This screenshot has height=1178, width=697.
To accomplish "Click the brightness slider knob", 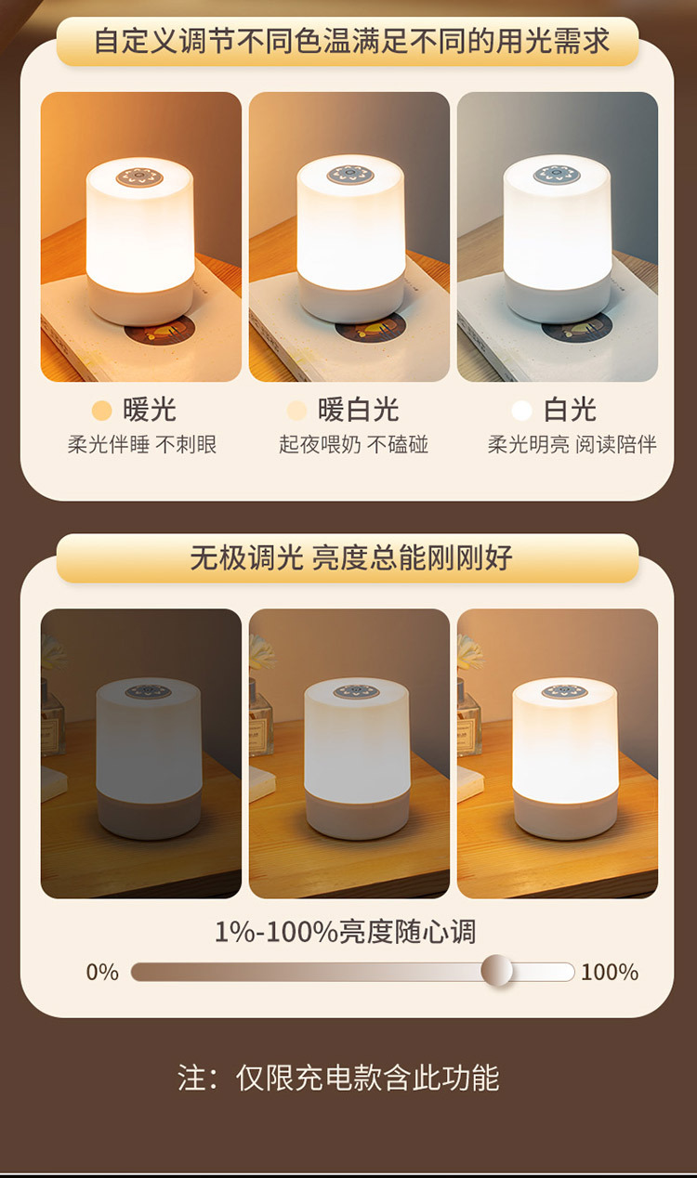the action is (x=496, y=970).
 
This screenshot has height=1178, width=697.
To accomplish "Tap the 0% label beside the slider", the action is (x=102, y=972).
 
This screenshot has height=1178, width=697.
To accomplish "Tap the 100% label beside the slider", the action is (x=610, y=972).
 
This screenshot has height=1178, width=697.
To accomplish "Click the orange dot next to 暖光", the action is (x=101, y=411).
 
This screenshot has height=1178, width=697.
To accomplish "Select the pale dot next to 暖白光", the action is (x=296, y=411).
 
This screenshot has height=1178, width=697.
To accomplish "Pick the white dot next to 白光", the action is (x=522, y=411).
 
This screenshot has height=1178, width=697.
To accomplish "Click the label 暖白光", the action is (x=358, y=410).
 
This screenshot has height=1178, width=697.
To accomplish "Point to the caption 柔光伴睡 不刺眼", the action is (x=142, y=444).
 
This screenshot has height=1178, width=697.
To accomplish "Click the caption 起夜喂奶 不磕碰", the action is (x=353, y=444).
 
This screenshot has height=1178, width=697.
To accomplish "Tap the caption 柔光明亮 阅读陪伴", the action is (x=572, y=444).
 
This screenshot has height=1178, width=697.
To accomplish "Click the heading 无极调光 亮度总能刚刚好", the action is (x=351, y=557).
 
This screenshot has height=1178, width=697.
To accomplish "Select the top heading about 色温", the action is (x=351, y=41).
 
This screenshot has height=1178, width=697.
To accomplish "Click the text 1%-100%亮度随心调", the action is (x=345, y=932).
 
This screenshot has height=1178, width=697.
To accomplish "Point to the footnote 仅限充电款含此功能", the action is (x=368, y=1078).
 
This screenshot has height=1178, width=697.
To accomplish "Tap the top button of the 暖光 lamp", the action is (x=140, y=177).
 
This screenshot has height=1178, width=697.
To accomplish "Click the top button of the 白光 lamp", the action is (x=557, y=175).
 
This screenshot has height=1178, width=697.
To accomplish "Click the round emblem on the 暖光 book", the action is (x=160, y=330).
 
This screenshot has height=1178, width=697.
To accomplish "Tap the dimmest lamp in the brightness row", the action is (x=149, y=758).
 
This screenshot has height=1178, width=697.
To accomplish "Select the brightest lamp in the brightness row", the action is (x=565, y=758).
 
